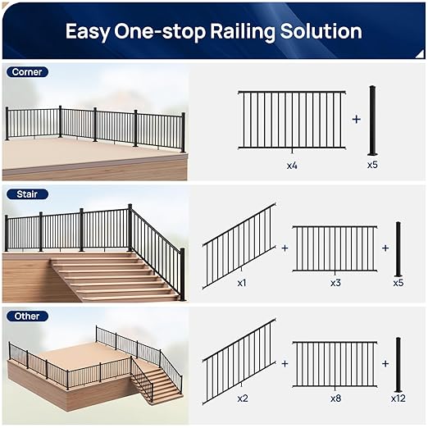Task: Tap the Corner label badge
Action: coord(27,72)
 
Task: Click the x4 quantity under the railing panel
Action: coord(292,165)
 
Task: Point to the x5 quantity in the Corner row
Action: coord(373,165)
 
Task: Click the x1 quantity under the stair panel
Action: coord(242,282)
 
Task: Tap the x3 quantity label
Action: coord(335,282)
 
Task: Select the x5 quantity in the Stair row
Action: coord(398,282)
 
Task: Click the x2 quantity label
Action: coord(242,398)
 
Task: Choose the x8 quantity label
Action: coord(335,398)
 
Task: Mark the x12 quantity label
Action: coord(398,398)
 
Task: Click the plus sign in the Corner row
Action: coord(356,119)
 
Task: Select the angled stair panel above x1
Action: coord(239,247)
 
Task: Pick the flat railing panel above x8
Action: coord(335,363)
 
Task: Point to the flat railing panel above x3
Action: coord(335,248)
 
